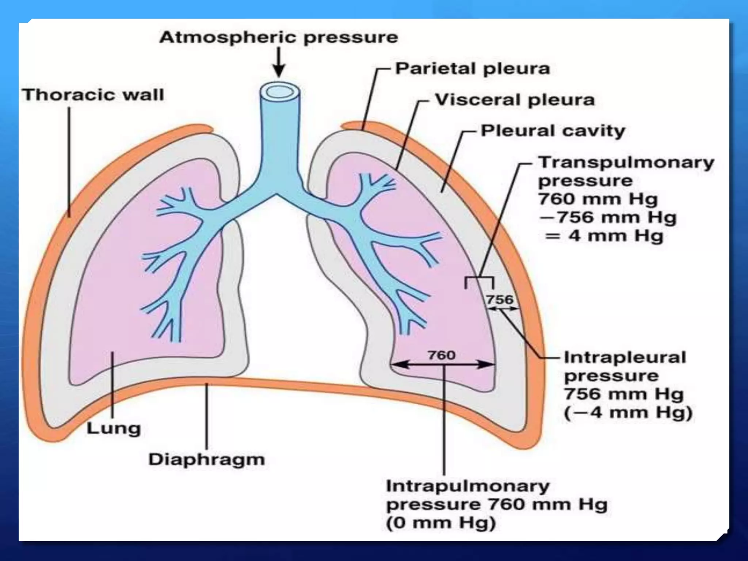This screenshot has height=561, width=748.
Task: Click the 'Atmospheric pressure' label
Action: [x=278, y=38]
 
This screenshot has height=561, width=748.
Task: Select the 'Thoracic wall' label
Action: [x=93, y=95]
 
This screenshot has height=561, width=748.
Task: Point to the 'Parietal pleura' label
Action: [x=472, y=69]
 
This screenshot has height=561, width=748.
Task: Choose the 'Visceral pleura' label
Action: [x=515, y=100]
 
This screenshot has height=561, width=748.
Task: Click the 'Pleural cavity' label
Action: [x=553, y=131]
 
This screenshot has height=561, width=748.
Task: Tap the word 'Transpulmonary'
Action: [x=626, y=163]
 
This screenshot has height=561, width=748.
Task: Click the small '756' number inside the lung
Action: [x=500, y=300]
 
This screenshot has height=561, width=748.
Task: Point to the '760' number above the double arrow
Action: [x=442, y=355]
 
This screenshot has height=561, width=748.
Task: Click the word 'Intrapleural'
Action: [x=625, y=358]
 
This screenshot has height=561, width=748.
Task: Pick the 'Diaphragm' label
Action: [x=206, y=459]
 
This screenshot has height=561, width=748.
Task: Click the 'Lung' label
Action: [x=114, y=428]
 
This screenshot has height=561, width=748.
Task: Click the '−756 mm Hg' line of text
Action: [x=608, y=218]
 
